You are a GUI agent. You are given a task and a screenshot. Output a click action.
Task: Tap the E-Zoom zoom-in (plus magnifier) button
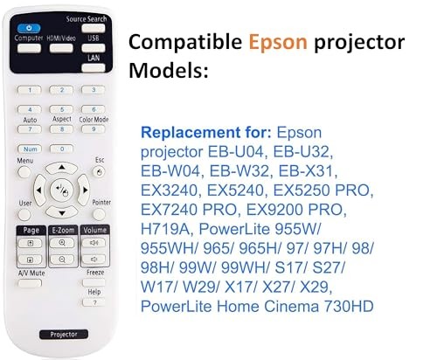[x=61, y=246]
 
